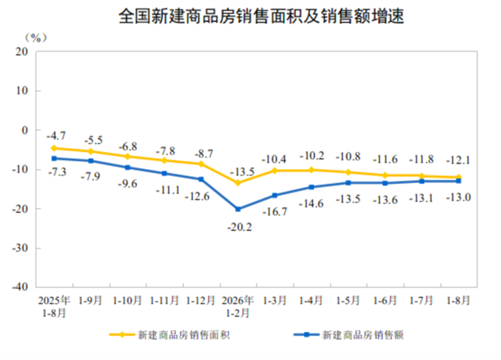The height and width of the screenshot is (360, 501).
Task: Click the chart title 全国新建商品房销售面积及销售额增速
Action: (261, 16)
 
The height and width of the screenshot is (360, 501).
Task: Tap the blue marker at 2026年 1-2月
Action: (238, 209)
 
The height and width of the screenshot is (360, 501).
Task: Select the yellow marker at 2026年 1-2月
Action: (238, 182)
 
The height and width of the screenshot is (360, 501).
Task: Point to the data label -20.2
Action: (240, 227)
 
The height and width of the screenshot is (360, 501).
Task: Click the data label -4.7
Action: (56, 135)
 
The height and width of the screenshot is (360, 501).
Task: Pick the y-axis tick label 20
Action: (22, 52)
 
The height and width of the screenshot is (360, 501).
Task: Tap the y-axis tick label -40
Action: (20, 286)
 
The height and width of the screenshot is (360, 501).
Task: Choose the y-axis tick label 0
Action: (24, 130)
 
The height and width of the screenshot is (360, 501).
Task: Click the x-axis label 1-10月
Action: (127, 301)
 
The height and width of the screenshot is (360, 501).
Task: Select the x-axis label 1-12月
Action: (200, 301)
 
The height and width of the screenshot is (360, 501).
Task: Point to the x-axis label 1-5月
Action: (348, 301)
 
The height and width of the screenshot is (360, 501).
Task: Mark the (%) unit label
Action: (36, 38)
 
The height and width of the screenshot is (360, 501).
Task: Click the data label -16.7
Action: (275, 211)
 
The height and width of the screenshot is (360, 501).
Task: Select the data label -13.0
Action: (459, 197)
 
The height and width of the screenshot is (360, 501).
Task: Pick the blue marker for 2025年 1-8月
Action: (54, 158)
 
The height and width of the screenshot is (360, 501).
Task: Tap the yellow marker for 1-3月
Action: (275, 171)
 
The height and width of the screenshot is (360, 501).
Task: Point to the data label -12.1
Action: (458, 160)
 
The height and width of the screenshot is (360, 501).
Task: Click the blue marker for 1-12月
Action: (201, 179)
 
